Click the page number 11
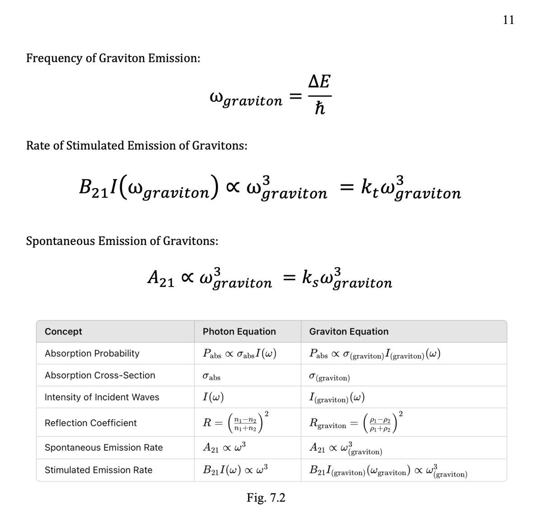pyautogui.click(x=508, y=20)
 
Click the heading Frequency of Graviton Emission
pyautogui.click(x=113, y=58)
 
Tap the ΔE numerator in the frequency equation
pyautogui.click(x=319, y=82)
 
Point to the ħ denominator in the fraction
pyautogui.click(x=319, y=109)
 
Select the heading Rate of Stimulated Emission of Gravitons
pyautogui.click(x=136, y=146)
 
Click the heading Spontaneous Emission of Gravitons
pyautogui.click(x=122, y=241)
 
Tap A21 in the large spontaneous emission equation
pyautogui.click(x=161, y=277)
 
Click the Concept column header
pyautogui.click(x=63, y=331)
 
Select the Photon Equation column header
pyautogui.click(x=239, y=331)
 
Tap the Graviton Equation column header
pyautogui.click(x=349, y=331)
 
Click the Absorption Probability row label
pyautogui.click(x=92, y=354)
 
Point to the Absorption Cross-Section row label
pyautogui.click(x=100, y=375)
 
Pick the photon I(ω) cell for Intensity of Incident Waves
pyautogui.click(x=214, y=397)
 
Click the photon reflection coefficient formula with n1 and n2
pyautogui.click(x=236, y=423)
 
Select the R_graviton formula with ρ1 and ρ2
pyautogui.click(x=356, y=423)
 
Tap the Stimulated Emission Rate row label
pyautogui.click(x=98, y=470)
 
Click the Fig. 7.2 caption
pyautogui.click(x=266, y=498)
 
